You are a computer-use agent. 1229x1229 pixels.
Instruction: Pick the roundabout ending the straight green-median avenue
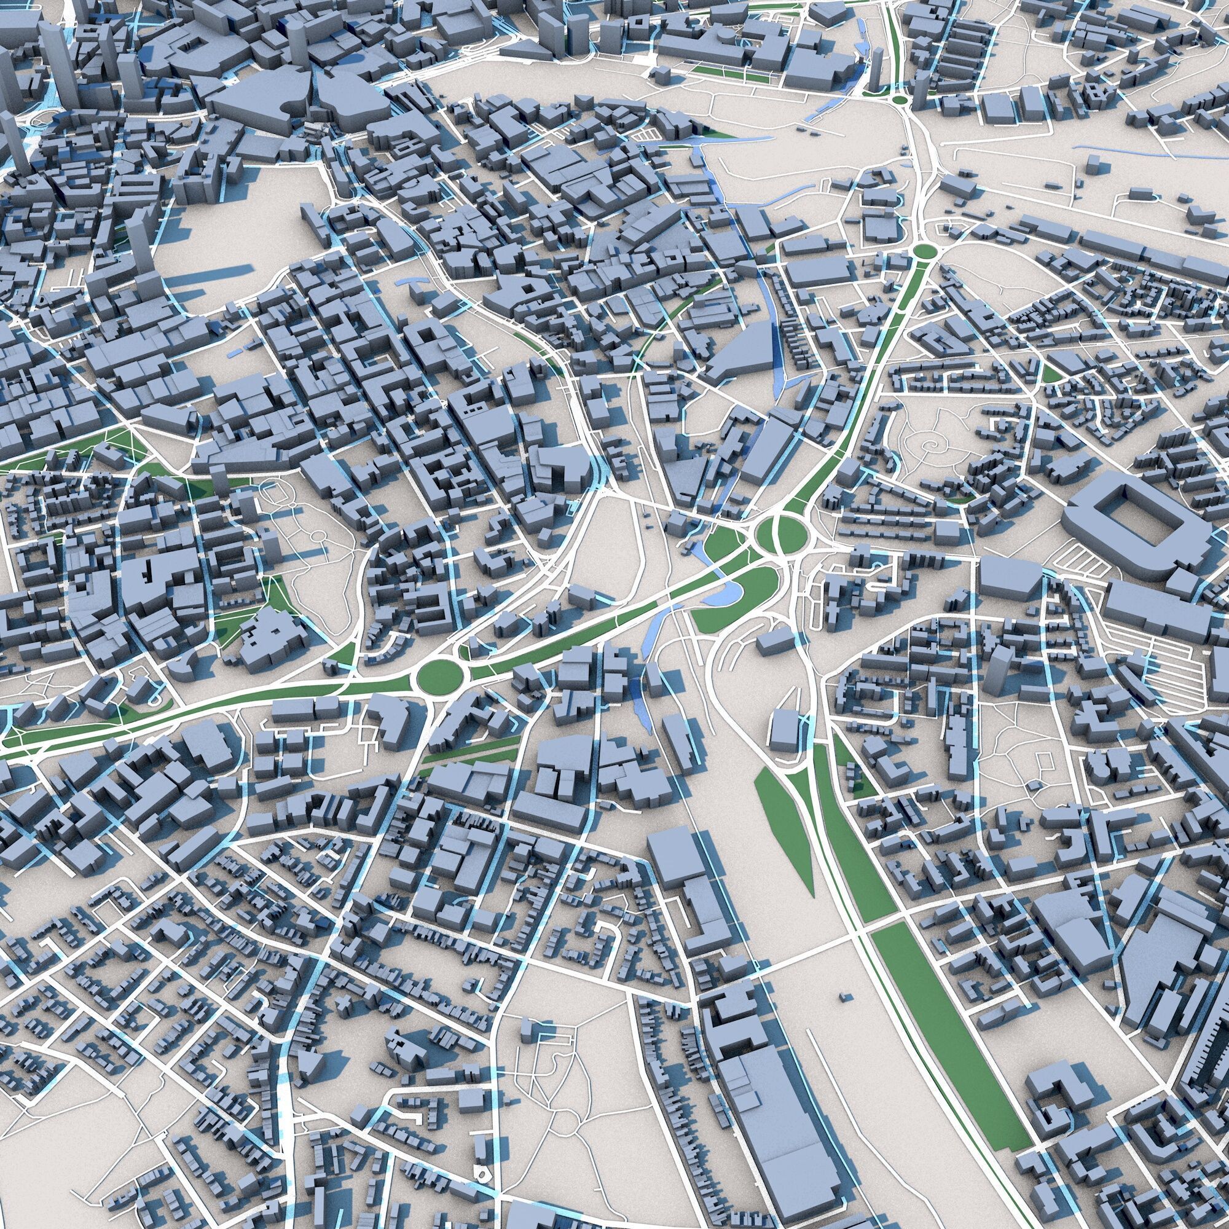tap(922, 253)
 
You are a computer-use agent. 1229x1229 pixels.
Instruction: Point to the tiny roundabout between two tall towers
tap(899, 100)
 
